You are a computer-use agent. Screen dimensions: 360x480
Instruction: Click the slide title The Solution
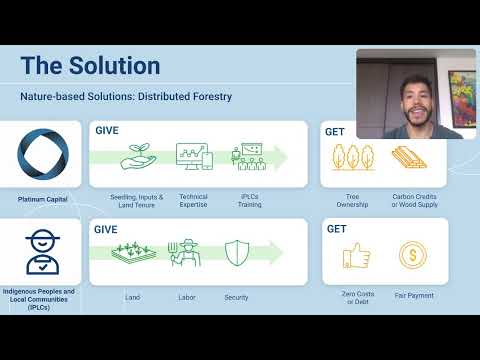pyautogui.click(x=90, y=66)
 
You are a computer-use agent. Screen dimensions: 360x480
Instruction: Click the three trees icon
pyautogui.click(x=352, y=158)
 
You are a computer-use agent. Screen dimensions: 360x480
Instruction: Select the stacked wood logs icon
pyautogui.click(x=406, y=158)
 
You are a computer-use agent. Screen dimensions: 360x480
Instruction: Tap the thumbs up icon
pyautogui.click(x=356, y=256)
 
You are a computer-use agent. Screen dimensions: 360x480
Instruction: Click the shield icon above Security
pyautogui.click(x=237, y=255)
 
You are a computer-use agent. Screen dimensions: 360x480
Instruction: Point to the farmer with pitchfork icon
pyautogui.click(x=184, y=255)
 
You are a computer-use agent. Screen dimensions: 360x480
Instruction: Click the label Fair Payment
pyautogui.click(x=412, y=296)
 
